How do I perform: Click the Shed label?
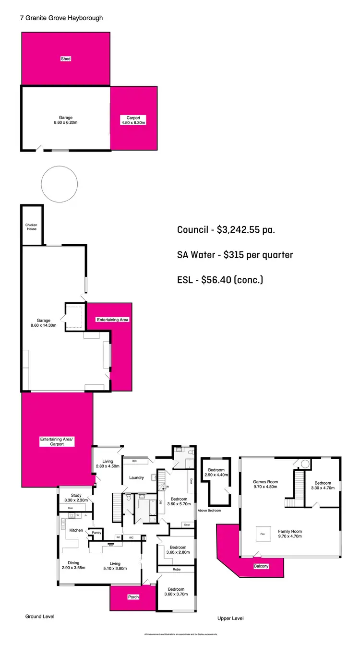coord(66,59)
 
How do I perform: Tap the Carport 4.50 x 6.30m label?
coord(133,120)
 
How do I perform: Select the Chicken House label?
coord(31,227)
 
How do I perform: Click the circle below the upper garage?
coord(60,184)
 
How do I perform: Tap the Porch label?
coord(133,597)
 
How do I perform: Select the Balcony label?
coord(262,566)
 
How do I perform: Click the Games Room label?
coord(266,485)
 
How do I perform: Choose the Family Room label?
coord(290,534)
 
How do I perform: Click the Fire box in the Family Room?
coord(262,533)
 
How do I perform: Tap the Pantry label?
coord(97,532)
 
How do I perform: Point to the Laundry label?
coord(137,477)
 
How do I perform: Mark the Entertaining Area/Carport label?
coord(51,441)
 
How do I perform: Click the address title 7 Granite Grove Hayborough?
coord(61,18)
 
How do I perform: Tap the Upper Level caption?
coord(230,619)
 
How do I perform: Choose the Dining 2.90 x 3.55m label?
coord(73,566)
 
